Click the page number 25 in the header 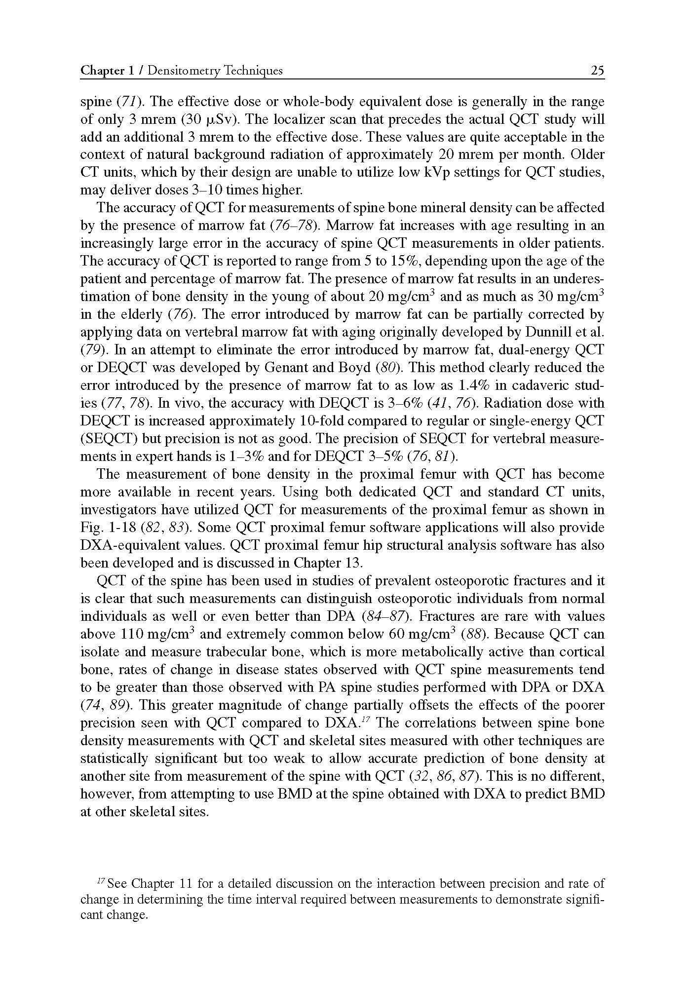pyautogui.click(x=597, y=71)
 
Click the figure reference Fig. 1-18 pyautogui.click(x=108, y=528)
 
